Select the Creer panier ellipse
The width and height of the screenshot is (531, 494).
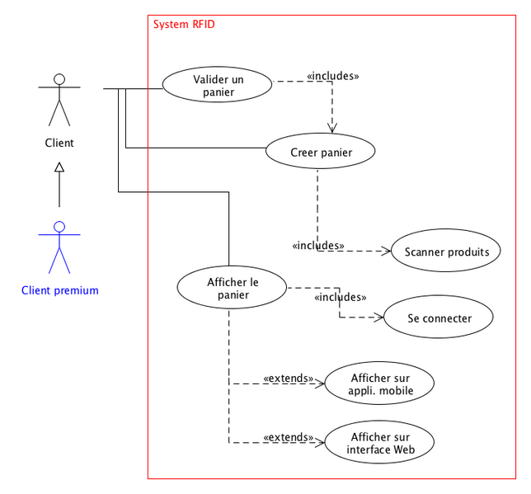321,152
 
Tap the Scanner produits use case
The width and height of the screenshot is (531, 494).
446,252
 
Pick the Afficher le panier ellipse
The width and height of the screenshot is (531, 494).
232,288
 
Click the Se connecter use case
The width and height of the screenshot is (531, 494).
439,318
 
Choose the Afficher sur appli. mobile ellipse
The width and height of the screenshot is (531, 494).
379,384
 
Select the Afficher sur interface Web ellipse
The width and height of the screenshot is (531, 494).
379,443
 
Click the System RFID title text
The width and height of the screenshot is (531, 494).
184,25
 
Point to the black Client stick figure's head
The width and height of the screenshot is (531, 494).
59,79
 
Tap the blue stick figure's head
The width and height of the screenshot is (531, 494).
59,226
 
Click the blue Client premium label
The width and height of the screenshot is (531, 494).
59,290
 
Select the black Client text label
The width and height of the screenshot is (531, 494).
59,143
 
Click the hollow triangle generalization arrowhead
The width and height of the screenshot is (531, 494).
59,168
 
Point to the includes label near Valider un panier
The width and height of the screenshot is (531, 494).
332,76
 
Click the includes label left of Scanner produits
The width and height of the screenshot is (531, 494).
318,245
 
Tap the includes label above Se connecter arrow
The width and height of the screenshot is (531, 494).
341,297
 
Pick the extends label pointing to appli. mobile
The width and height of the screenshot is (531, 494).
289,379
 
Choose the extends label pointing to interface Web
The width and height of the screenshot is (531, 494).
289,437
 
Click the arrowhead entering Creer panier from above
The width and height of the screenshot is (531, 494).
332,128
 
